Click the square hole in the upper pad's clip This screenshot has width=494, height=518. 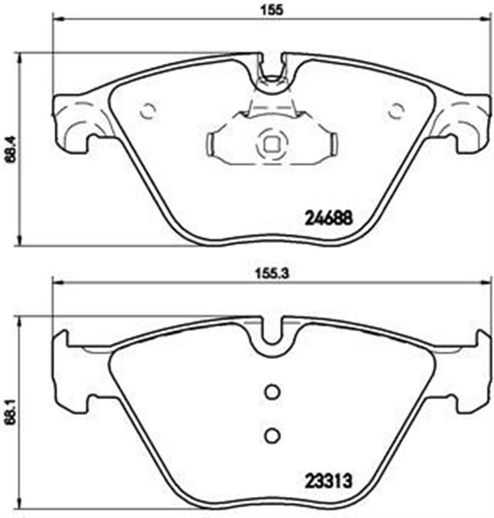(271, 146)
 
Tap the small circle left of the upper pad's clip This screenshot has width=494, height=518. (147, 112)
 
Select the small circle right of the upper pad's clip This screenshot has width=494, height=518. (395, 112)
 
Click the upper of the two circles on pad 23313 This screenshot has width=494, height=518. (272, 391)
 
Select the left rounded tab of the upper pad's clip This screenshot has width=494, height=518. (211, 146)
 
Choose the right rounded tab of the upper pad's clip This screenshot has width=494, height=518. (331, 146)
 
